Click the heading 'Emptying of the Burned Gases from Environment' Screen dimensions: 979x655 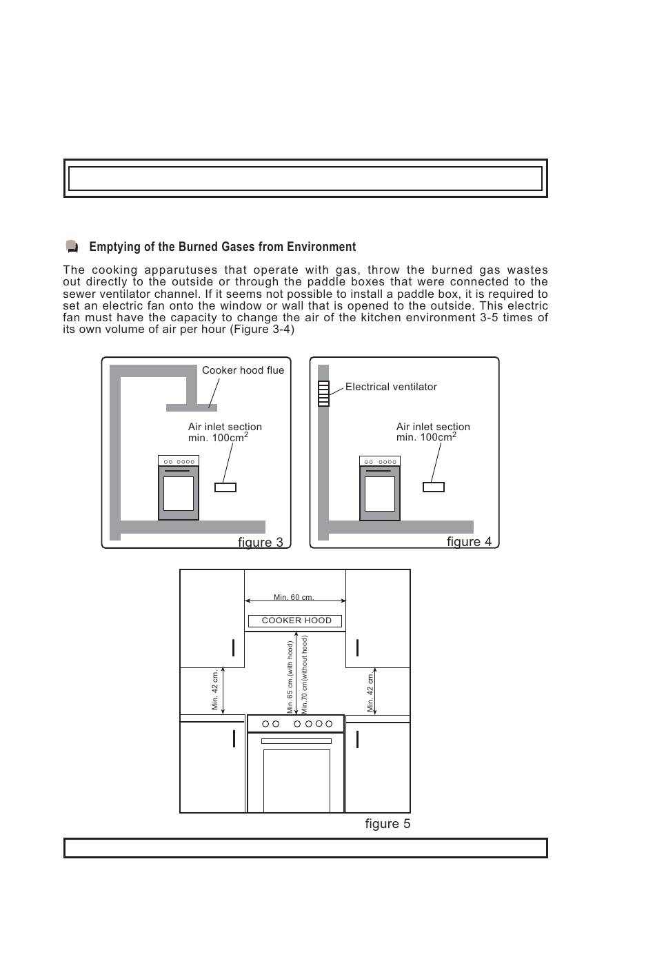[x=222, y=247]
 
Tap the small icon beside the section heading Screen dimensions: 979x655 [x=72, y=247]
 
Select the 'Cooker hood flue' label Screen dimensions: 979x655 [x=243, y=370]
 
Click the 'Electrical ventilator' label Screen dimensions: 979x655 [x=391, y=387]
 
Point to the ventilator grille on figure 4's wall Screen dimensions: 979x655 [x=323, y=394]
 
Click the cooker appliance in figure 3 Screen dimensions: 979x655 [x=179, y=487]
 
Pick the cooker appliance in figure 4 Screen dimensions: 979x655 [x=380, y=487]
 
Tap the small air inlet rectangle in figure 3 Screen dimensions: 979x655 [x=225, y=487]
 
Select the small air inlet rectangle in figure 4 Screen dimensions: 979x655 [x=434, y=487]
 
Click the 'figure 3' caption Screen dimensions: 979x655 [x=261, y=542]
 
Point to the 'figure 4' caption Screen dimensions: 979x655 [x=469, y=541]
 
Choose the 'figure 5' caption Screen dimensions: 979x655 [x=387, y=824]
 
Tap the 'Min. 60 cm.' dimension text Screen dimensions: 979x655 [x=294, y=597]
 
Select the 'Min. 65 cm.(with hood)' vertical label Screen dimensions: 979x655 [x=290, y=677]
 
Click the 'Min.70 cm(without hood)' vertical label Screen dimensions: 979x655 [x=304, y=674]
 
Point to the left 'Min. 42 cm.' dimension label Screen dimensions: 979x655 [x=215, y=689]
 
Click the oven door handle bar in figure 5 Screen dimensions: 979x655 [x=296, y=741]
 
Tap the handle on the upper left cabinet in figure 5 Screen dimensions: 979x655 [x=234, y=647]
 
